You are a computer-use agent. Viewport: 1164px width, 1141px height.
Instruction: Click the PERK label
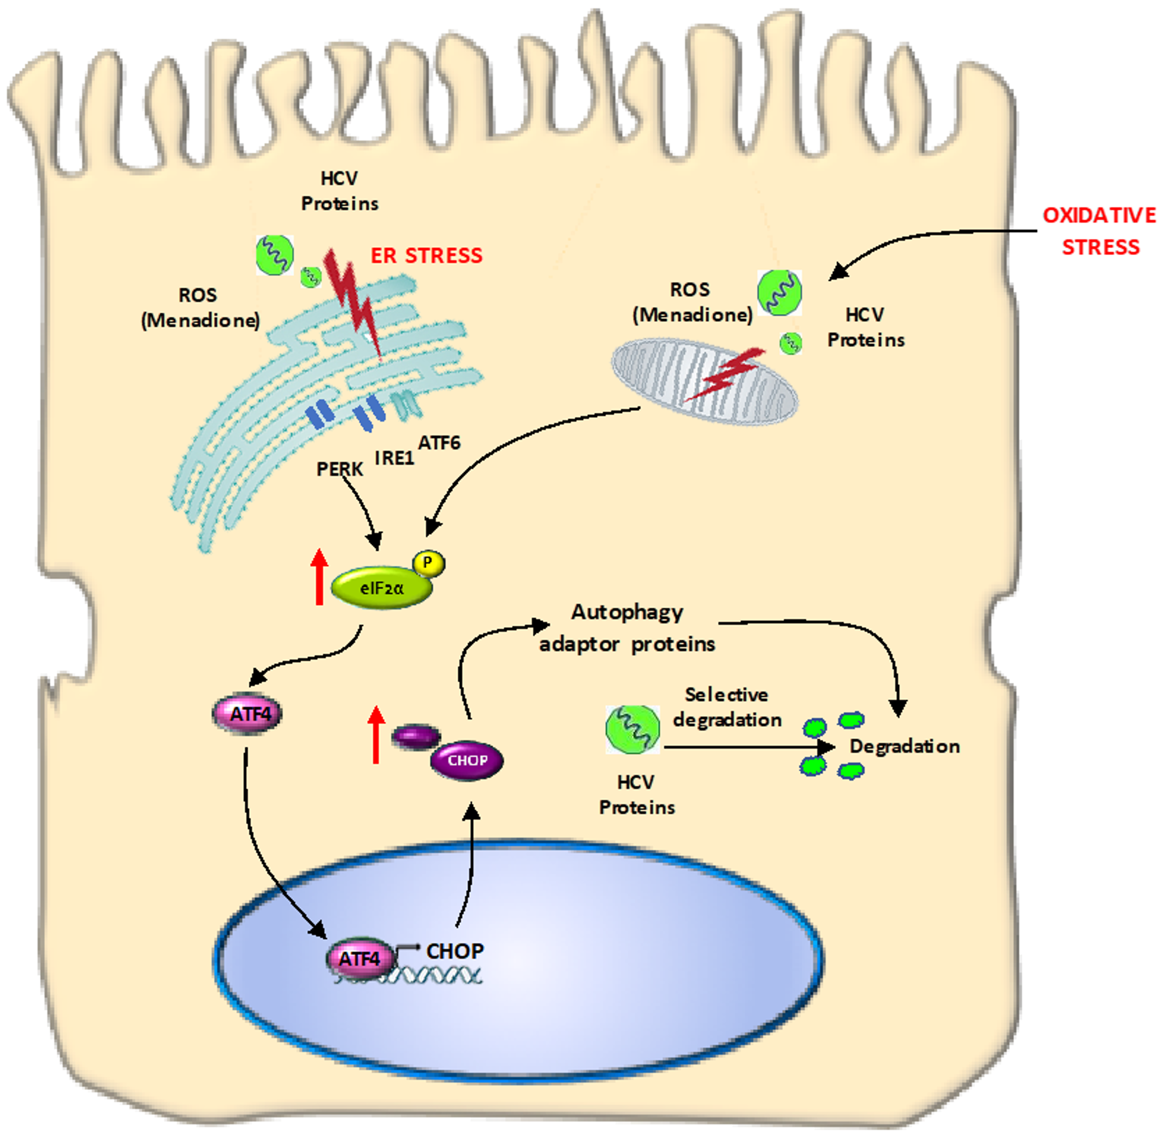[339, 469]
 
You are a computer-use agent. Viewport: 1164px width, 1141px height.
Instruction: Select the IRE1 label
[394, 458]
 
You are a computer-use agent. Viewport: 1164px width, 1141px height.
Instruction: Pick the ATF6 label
[440, 443]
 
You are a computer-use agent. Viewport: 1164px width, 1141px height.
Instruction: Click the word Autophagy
[627, 612]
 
